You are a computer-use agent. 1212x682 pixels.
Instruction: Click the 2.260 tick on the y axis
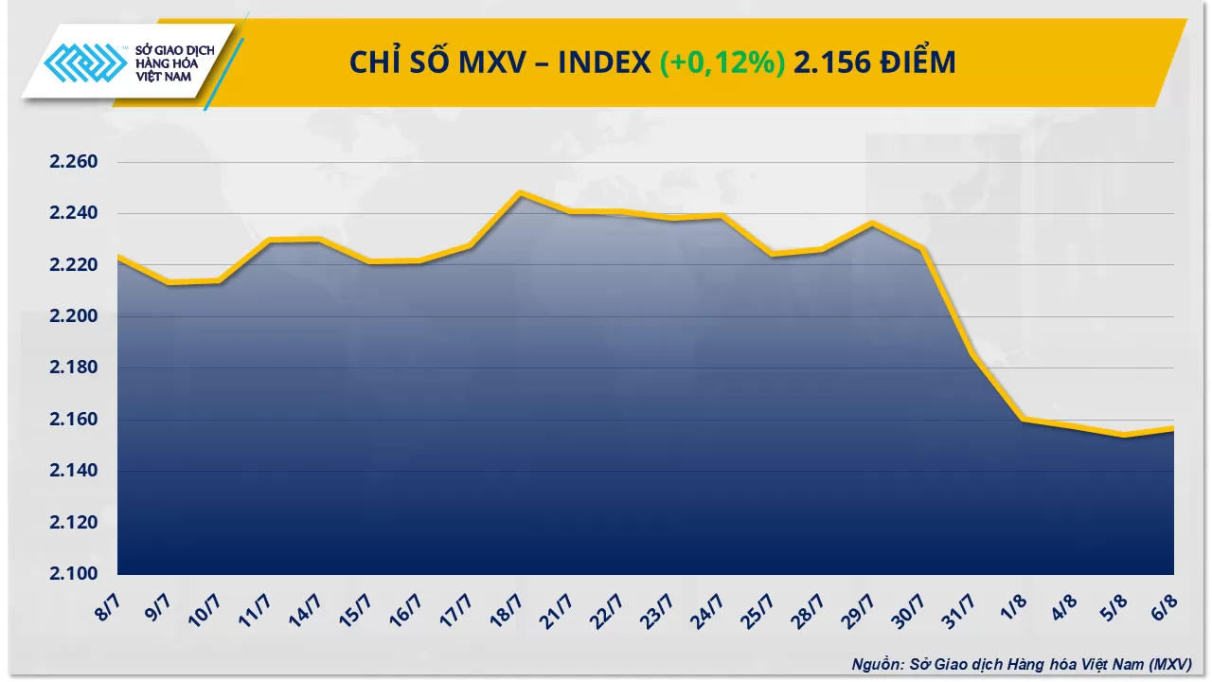(74, 162)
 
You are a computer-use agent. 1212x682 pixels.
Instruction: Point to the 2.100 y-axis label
(74, 574)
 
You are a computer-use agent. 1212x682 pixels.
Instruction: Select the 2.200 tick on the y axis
(74, 316)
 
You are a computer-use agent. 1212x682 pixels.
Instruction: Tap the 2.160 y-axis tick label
(74, 420)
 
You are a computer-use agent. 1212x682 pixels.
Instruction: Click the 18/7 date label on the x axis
(508, 606)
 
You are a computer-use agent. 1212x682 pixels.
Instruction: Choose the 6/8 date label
(1163, 604)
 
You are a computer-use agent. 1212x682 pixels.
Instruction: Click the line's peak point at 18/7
(520, 192)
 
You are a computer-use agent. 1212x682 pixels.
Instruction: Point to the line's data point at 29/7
(872, 224)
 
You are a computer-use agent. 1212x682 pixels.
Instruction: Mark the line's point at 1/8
(1024, 419)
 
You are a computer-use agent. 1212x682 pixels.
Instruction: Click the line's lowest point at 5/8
(1124, 435)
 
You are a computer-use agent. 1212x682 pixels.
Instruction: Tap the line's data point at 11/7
(269, 241)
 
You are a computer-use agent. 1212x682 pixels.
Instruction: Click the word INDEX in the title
(604, 63)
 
